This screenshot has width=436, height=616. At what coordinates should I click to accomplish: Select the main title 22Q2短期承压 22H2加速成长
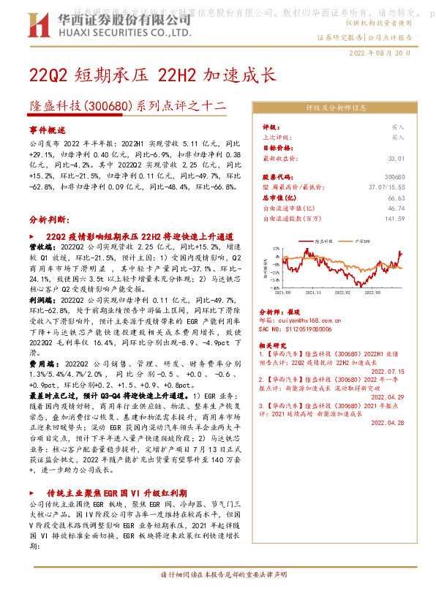point(152,75)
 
